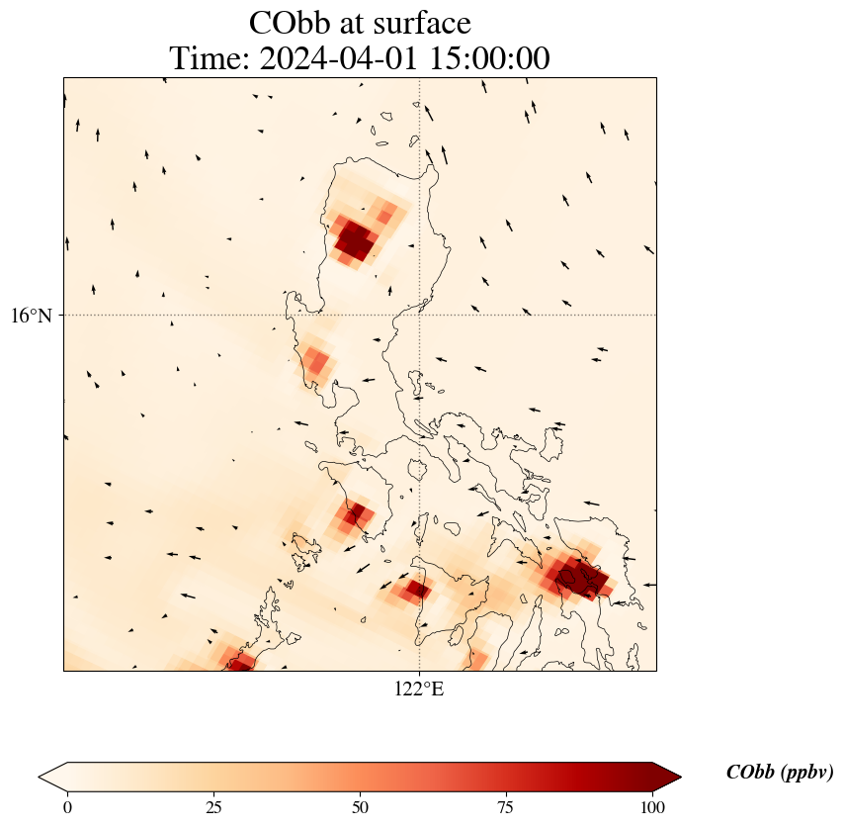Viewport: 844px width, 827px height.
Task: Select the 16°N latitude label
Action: (33, 316)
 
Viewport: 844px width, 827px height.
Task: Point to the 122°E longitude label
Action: (419, 689)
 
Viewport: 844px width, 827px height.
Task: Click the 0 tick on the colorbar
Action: (67, 807)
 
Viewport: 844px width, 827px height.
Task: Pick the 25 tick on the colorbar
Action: (213, 807)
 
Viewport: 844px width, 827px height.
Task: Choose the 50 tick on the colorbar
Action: (360, 807)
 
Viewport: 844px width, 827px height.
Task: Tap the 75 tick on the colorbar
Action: (505, 807)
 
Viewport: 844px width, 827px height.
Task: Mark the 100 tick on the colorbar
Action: (651, 807)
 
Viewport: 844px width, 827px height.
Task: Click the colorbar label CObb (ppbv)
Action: (779, 773)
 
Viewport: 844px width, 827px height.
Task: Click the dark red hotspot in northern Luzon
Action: (354, 240)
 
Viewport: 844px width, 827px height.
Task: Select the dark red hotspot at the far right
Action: (578, 577)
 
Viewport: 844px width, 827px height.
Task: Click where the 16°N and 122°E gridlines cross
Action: (419, 316)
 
